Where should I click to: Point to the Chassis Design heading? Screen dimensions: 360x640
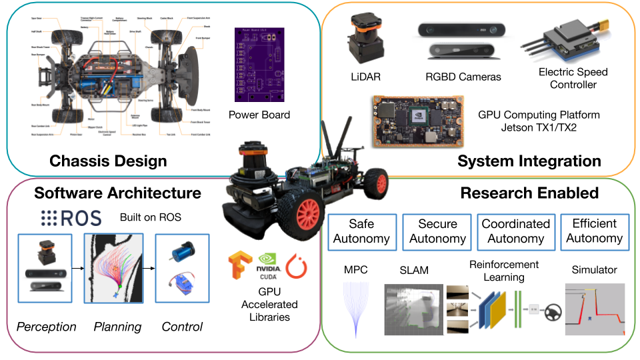[x=108, y=161]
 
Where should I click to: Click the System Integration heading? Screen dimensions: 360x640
[x=529, y=161]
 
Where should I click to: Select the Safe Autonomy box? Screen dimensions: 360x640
[x=362, y=231]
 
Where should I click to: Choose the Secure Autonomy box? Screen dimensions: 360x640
[x=437, y=231]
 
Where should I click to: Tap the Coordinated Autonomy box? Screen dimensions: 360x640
[x=515, y=231]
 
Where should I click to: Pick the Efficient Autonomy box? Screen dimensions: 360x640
[x=593, y=231]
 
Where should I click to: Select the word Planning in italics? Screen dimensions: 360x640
[x=117, y=327]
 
